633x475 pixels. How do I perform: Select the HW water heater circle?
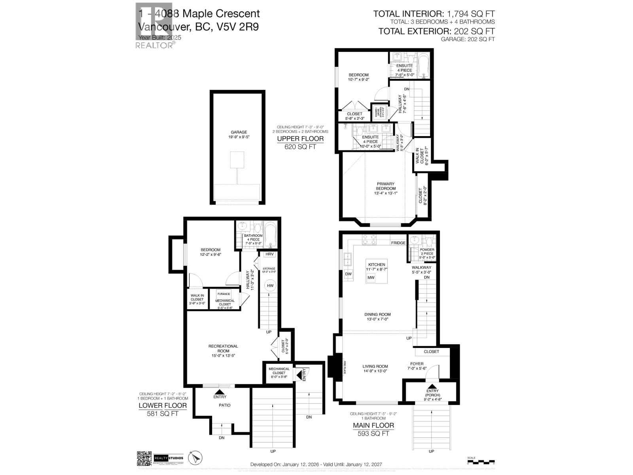click(270, 286)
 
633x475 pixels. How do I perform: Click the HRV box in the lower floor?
click(270, 254)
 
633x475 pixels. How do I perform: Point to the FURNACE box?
click(224, 294)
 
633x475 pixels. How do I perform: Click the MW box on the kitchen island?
click(371, 278)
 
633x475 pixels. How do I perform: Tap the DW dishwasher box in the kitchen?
click(349, 274)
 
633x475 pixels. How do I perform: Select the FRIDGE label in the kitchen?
click(398, 243)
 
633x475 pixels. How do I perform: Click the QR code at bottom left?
click(144, 458)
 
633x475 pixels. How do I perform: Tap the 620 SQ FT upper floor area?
click(300, 147)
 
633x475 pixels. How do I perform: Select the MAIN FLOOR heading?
click(373, 426)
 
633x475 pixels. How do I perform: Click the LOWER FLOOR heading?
click(162, 406)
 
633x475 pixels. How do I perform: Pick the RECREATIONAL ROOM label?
click(223, 348)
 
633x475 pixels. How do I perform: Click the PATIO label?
click(225, 405)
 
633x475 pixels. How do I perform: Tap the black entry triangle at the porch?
click(432, 386)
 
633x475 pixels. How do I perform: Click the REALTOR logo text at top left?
click(154, 46)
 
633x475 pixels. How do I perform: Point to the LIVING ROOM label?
click(375, 367)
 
